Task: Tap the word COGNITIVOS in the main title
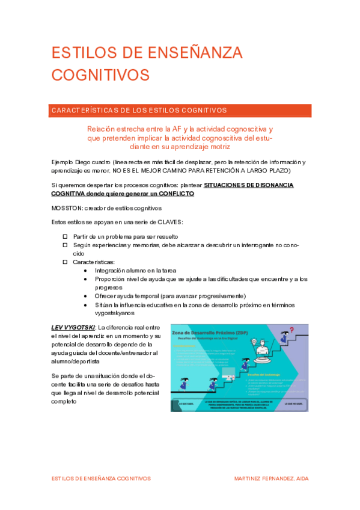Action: coord(100,74)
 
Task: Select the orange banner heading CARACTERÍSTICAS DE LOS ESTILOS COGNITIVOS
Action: coord(139,111)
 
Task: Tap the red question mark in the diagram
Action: coord(291,330)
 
